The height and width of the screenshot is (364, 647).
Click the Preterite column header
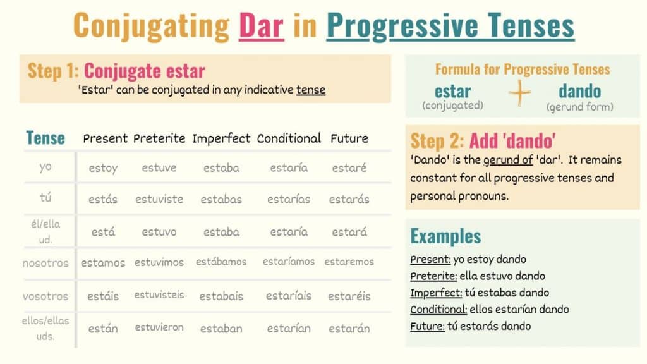(x=159, y=138)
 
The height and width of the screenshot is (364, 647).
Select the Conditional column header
(x=289, y=138)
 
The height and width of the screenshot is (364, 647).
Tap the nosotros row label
(x=45, y=262)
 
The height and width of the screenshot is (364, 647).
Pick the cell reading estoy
(x=103, y=168)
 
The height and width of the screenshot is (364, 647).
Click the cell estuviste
(x=159, y=199)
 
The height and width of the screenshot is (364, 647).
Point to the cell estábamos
(x=221, y=262)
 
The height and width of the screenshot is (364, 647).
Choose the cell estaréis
(x=349, y=296)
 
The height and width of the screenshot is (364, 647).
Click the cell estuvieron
(x=159, y=327)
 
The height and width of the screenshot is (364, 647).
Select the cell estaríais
(x=289, y=296)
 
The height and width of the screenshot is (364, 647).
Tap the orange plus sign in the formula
(x=520, y=94)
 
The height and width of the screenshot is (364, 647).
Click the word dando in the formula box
(x=579, y=91)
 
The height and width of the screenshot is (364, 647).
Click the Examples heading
(x=445, y=236)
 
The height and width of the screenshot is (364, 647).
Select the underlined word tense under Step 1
(x=311, y=90)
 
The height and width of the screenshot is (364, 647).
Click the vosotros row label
(x=45, y=296)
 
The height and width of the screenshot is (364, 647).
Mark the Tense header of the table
(x=45, y=138)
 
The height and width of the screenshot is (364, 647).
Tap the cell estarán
(x=349, y=328)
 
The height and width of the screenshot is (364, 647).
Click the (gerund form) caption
(x=579, y=107)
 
